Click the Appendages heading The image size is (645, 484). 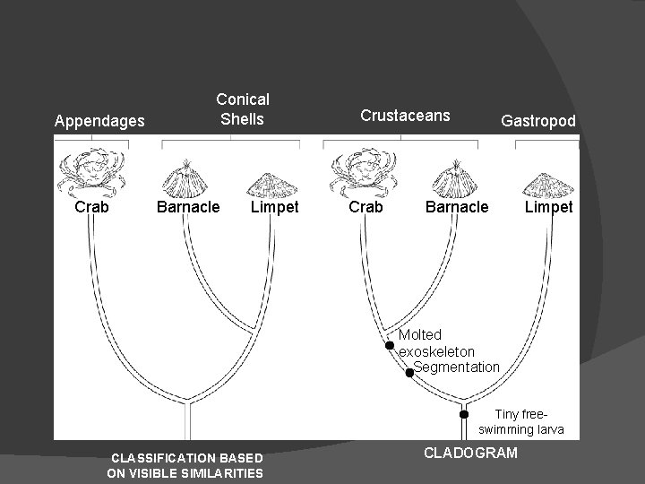(100, 120)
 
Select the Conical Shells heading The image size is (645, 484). (242, 108)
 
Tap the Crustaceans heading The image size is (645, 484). (405, 115)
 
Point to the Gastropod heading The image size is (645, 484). (538, 120)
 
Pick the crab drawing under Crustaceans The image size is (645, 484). (365, 173)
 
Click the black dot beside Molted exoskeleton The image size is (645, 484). (390, 345)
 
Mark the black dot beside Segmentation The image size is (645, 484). (409, 372)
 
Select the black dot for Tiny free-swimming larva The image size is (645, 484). (464, 414)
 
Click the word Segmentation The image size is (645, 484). (457, 367)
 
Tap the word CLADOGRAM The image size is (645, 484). (470, 453)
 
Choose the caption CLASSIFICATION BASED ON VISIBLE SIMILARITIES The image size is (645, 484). (185, 465)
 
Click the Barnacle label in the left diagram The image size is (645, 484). (188, 207)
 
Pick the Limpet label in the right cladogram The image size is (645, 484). (548, 207)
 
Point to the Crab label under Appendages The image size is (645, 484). (92, 207)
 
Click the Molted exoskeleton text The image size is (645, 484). (436, 343)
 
